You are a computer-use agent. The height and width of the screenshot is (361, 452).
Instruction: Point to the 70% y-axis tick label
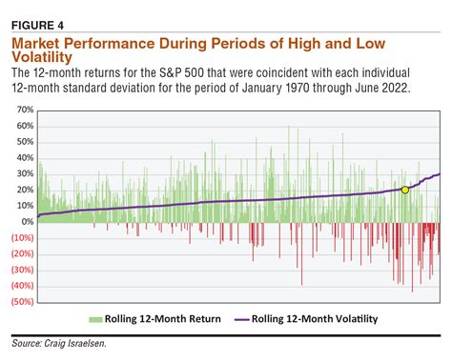25,110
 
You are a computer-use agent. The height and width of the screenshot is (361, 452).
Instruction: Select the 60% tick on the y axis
25,126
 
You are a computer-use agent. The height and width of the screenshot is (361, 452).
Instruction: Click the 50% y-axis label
25,142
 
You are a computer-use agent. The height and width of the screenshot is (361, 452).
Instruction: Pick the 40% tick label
25,158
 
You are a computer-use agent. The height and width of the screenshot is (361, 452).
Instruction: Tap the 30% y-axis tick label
25,174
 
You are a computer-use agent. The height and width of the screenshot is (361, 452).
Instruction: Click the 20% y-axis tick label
25,191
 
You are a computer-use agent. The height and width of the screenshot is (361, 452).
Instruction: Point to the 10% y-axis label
25,207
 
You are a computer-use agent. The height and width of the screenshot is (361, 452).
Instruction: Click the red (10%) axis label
22,238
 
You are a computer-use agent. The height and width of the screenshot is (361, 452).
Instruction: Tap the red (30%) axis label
22,271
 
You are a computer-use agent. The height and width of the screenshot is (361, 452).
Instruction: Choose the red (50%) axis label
22,302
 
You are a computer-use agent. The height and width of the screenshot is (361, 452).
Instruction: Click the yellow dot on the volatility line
405,191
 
